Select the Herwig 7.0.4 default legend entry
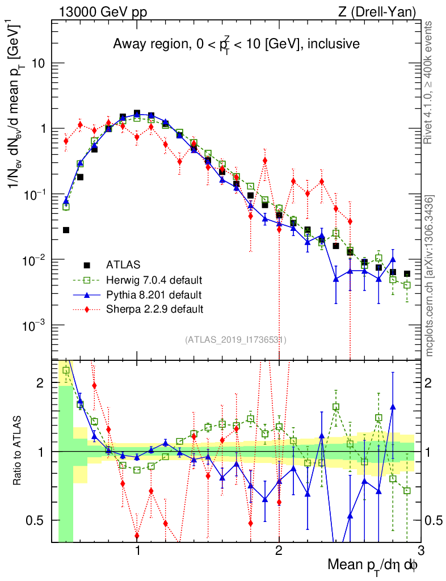coord(154,280)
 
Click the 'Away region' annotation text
coord(235,44)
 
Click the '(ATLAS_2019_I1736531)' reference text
coord(235,340)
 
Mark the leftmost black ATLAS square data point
coord(66,230)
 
